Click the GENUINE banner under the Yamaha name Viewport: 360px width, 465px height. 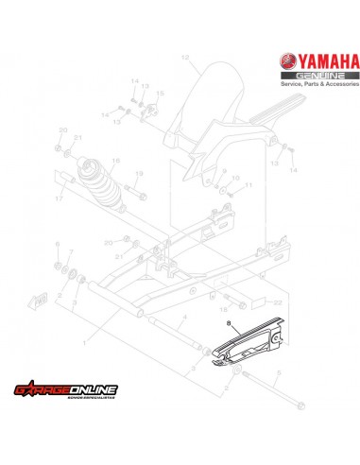(323, 77)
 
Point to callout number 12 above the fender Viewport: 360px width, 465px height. (185, 59)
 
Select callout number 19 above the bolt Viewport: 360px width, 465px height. (139, 176)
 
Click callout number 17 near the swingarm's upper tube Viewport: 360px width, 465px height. (59, 200)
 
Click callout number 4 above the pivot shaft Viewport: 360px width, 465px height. (185, 317)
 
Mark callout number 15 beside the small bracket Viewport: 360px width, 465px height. (159, 94)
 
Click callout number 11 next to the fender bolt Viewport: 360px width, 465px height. (251, 185)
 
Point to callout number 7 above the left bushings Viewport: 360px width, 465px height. (71, 253)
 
